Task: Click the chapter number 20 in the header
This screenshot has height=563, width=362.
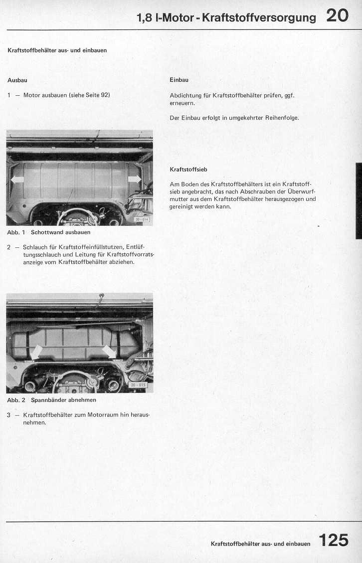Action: point(338,16)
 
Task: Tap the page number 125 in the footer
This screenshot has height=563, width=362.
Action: point(334,541)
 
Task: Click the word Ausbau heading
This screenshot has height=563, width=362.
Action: point(17,80)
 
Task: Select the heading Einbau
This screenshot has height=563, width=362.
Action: point(179,80)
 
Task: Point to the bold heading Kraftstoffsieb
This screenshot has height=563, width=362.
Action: point(188,170)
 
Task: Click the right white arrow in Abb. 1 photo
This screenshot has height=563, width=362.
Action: point(135,179)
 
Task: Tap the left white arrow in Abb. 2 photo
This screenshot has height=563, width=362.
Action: point(36,352)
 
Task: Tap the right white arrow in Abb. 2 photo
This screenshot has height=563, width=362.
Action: point(109,352)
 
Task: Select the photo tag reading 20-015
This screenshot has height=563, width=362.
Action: point(137,385)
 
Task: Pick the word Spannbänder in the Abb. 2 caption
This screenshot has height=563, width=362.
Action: point(50,400)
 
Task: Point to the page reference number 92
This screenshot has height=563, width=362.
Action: point(105,95)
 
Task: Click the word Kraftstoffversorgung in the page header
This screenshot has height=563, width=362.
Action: point(259,18)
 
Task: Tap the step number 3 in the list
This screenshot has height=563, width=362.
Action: point(9,415)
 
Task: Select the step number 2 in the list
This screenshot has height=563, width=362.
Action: point(9,247)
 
